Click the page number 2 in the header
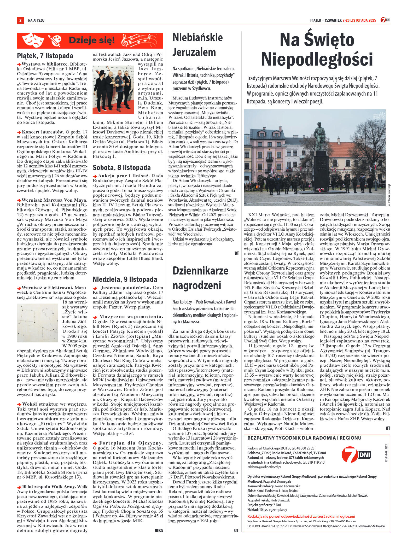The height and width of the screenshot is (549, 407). (x=20, y=20)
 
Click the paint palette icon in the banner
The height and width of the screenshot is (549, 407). (x=55, y=41)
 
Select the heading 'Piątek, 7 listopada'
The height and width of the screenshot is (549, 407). (x=45, y=56)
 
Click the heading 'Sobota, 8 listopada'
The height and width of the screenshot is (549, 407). (x=122, y=167)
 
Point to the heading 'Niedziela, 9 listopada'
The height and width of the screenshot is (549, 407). (x=125, y=279)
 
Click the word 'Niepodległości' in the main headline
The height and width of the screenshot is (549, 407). (x=317, y=59)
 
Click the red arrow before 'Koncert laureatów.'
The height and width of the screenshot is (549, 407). (x=19, y=132)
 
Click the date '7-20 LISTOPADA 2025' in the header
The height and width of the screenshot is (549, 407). (x=360, y=20)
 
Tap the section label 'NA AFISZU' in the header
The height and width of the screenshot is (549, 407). (x=36, y=20)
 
